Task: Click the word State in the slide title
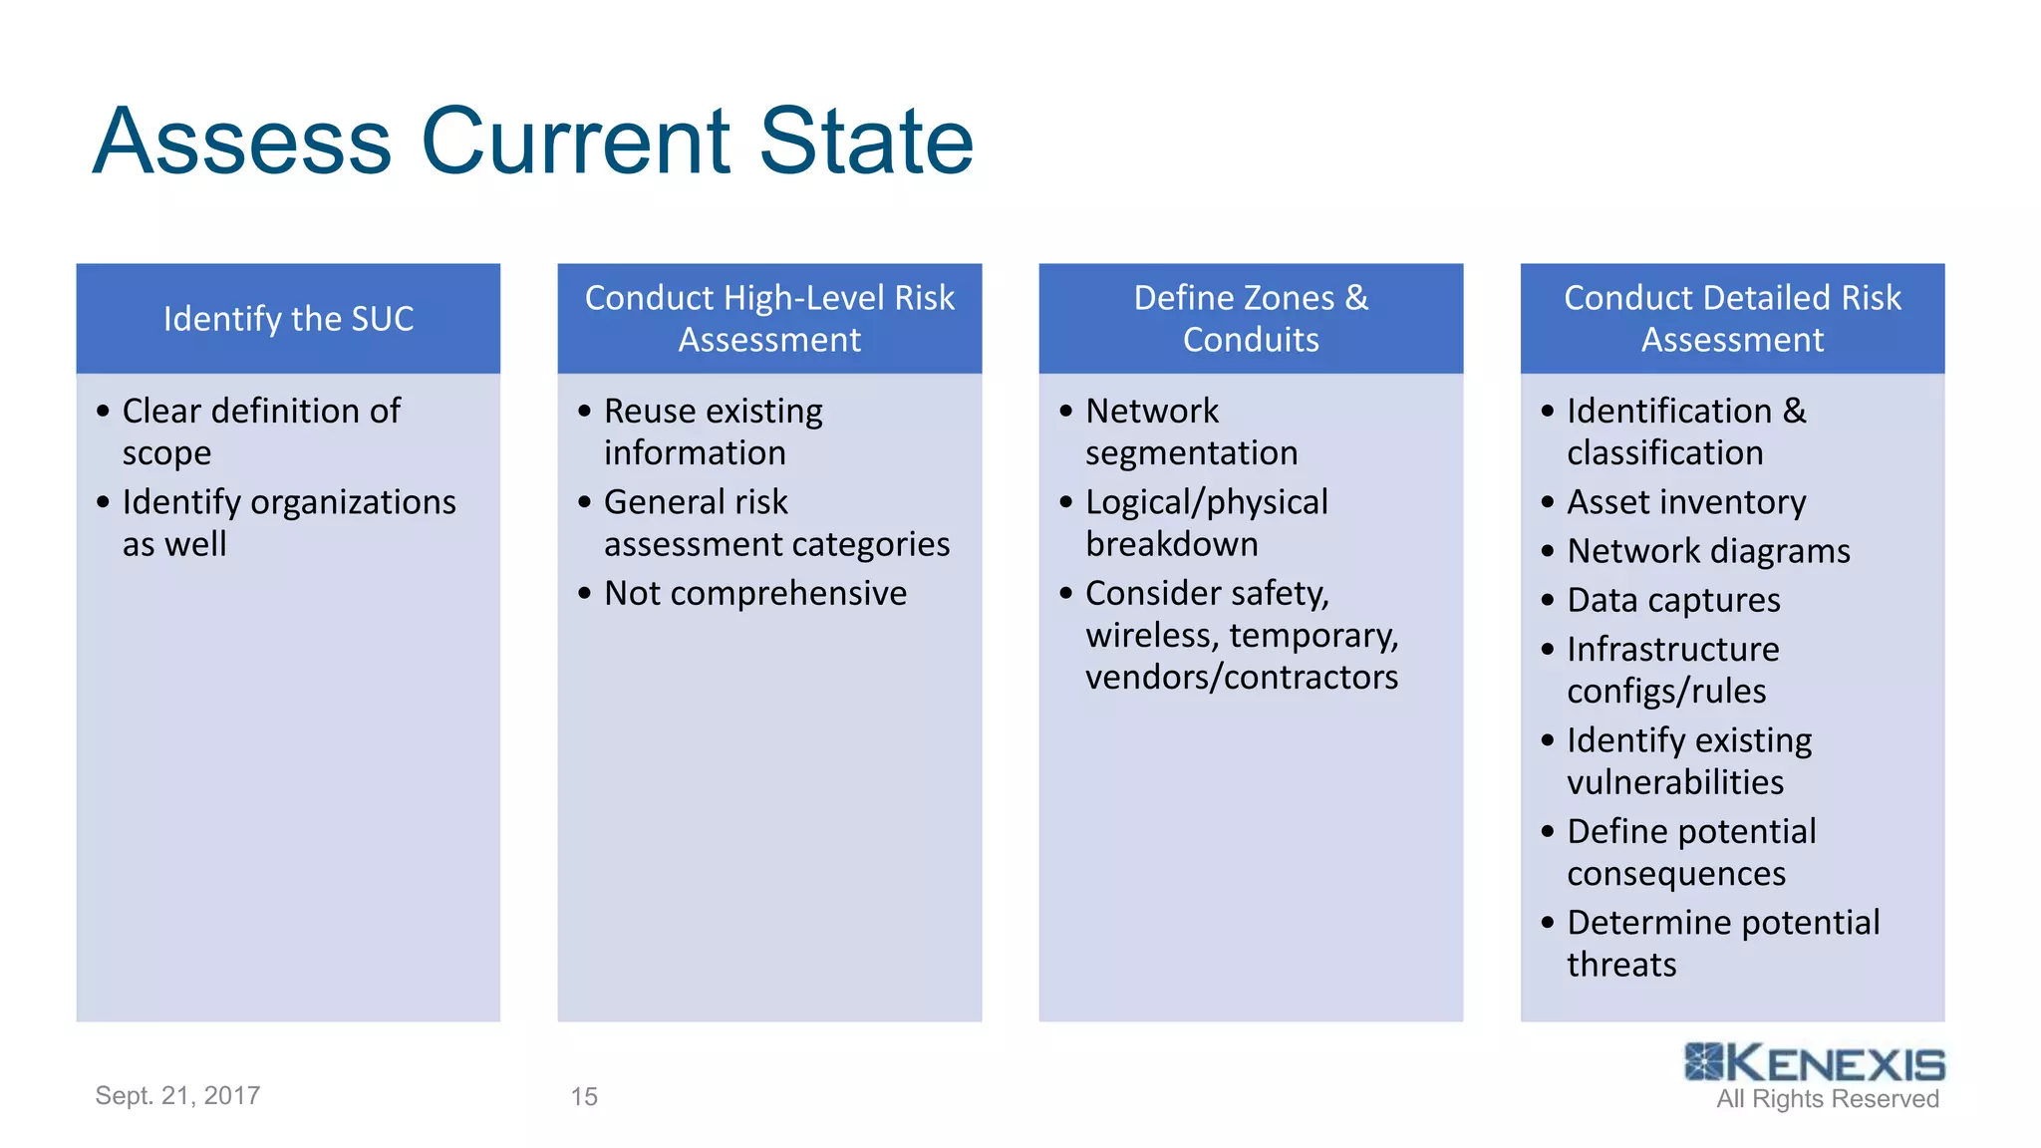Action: pos(865,142)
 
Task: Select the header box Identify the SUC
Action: pos(288,319)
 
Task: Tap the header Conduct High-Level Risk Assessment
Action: pos(769,319)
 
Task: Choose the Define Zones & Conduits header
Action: pos(1251,319)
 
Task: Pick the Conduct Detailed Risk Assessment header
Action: pos(1732,319)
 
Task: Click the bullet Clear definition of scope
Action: pos(261,431)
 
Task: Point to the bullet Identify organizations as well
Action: pos(288,523)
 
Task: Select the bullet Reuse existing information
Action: pos(713,431)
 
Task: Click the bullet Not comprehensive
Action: pos(754,594)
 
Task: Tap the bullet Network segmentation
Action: pos(1191,431)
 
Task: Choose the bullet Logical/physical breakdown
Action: pos(1206,523)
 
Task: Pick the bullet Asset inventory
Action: pos(1685,502)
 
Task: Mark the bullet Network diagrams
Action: pos(1707,551)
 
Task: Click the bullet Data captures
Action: pos(1672,600)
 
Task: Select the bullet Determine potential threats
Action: pos(1722,944)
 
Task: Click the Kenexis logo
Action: pos(1814,1063)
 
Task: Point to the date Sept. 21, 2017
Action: pos(177,1095)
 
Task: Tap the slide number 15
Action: pos(584,1096)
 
